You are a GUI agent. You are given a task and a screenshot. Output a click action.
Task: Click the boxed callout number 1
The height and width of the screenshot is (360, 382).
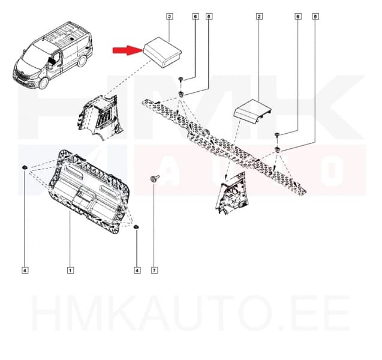tap(70, 271)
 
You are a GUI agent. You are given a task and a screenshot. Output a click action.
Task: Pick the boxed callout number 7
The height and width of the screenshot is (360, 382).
tap(154, 271)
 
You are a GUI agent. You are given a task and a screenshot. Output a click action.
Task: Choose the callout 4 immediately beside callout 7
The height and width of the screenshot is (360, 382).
tap(137, 271)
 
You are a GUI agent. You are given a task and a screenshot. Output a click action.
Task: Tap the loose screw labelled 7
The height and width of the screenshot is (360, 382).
tap(154, 179)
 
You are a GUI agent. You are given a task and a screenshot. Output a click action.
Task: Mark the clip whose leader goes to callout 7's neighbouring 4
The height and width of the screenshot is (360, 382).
tap(136, 226)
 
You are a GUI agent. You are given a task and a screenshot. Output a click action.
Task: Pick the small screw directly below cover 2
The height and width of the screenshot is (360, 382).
tap(276, 134)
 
